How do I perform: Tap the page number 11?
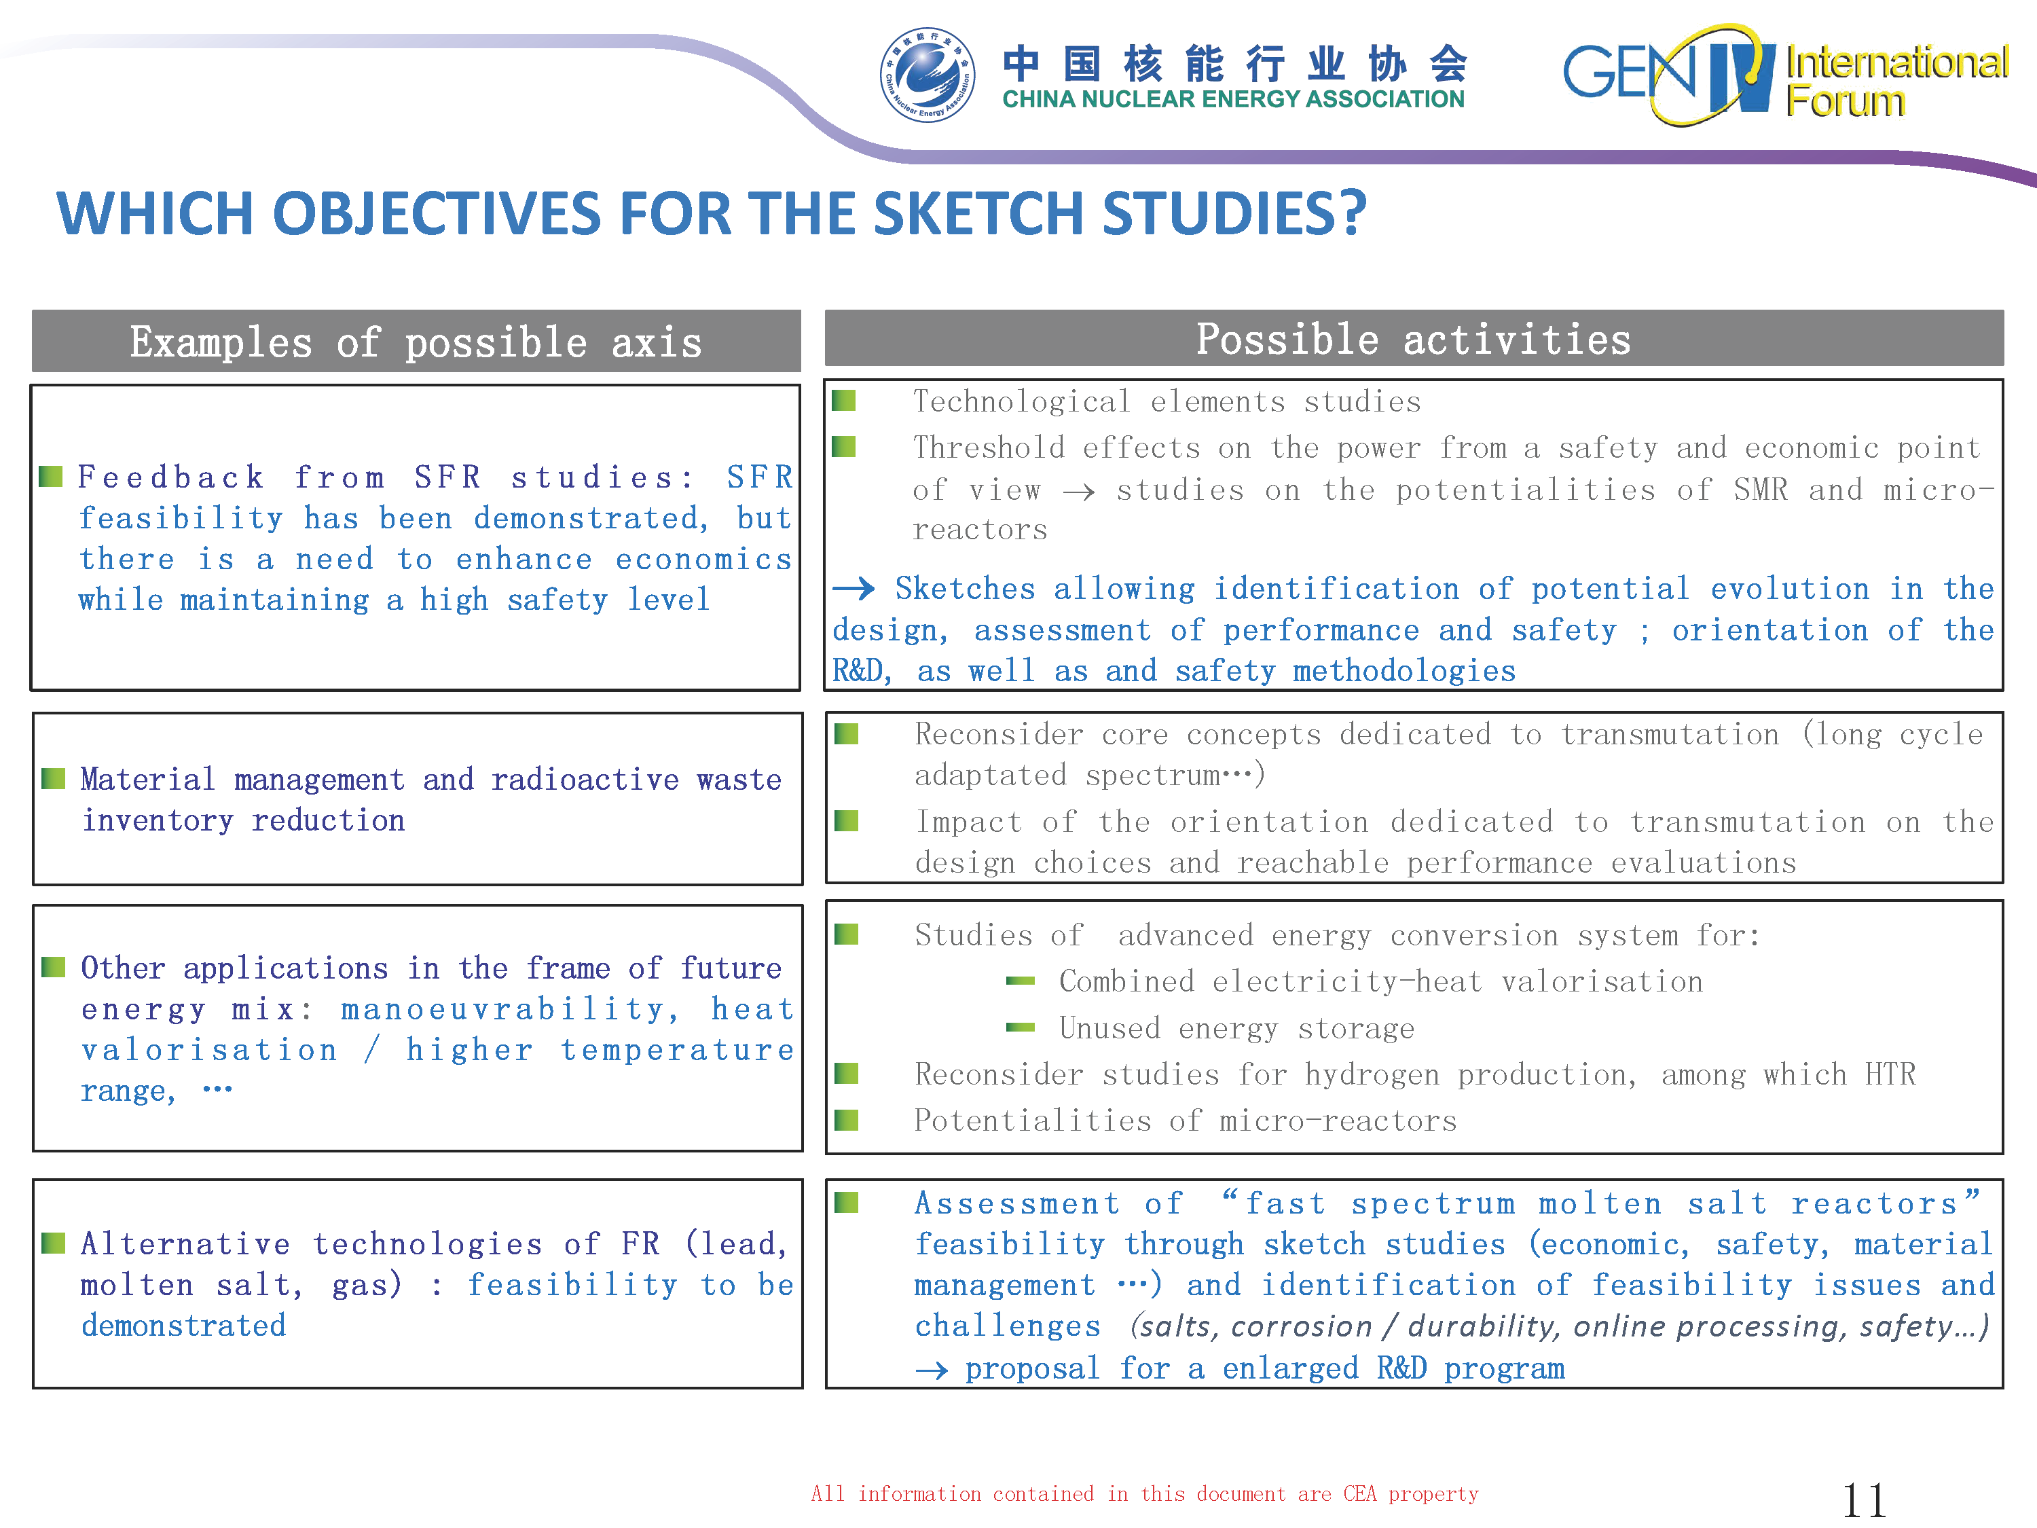(1864, 1500)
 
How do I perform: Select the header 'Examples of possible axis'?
(416, 342)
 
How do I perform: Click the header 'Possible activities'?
(1414, 339)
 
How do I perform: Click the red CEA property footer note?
(1145, 1493)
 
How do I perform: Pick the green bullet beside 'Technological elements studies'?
(843, 401)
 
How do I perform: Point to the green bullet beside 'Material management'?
(54, 779)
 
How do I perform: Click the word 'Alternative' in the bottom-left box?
(185, 1243)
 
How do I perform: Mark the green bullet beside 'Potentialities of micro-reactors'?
(846, 1120)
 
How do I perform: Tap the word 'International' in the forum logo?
(1897, 62)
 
